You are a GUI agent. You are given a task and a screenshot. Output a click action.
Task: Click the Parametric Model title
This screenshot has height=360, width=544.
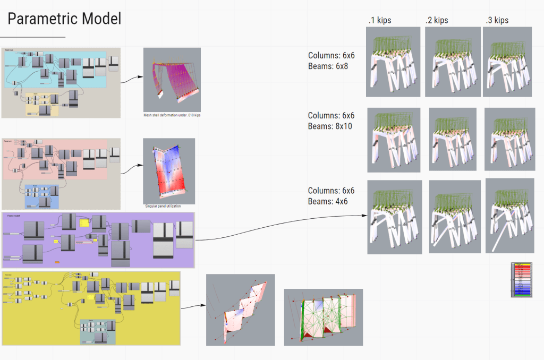[x=64, y=19]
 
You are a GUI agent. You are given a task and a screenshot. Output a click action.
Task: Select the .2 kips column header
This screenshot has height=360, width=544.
[x=437, y=21]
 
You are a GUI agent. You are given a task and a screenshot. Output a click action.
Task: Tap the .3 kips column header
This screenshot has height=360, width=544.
[x=497, y=21]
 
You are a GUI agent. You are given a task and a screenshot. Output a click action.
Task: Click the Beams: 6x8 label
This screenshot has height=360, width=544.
[x=328, y=66]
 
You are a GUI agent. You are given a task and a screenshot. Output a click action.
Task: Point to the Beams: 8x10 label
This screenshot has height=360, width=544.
[x=330, y=126]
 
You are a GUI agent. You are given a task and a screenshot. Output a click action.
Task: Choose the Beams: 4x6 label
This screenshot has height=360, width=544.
[x=328, y=202]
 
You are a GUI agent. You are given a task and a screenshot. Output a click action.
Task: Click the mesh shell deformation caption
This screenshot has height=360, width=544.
[x=172, y=115]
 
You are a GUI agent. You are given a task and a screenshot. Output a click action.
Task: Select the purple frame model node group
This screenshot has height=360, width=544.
[x=99, y=240]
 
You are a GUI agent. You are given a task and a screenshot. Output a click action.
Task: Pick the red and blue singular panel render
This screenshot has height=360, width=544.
[x=169, y=170]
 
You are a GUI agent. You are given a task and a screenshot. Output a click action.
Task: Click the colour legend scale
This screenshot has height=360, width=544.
[x=521, y=279]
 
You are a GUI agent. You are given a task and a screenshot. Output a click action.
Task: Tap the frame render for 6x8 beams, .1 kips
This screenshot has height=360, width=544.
[x=393, y=62]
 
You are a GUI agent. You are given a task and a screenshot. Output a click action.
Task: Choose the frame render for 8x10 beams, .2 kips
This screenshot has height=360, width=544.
[x=452, y=140]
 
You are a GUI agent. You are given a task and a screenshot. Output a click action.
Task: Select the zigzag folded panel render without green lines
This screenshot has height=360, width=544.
[x=240, y=310]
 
